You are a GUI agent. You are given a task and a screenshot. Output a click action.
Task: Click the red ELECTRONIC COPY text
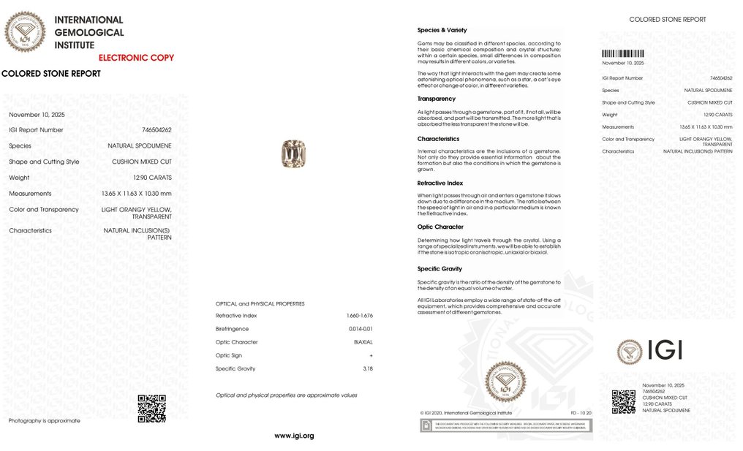(x=136, y=58)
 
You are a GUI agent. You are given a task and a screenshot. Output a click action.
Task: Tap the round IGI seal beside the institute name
(x=25, y=32)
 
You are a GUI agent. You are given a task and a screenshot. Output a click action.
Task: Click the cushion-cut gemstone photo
(x=293, y=154)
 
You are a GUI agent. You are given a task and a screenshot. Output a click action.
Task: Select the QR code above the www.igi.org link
(x=151, y=409)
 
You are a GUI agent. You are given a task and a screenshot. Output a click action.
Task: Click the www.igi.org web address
(x=294, y=436)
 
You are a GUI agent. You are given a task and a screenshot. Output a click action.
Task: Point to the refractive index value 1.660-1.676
(x=360, y=316)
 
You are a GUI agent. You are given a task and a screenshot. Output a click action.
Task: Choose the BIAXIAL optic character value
(x=363, y=342)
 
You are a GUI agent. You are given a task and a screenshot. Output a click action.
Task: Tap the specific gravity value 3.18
(x=368, y=368)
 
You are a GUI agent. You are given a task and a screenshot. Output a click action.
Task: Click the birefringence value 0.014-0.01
(x=361, y=329)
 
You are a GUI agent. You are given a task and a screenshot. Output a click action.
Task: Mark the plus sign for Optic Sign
(x=371, y=355)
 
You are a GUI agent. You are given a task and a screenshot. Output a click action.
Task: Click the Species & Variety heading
(x=442, y=30)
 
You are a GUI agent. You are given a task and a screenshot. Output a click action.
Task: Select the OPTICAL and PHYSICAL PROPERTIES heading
(x=260, y=303)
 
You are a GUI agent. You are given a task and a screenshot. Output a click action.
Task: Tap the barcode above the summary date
(x=623, y=53)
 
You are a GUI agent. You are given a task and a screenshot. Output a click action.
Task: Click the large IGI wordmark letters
(x=665, y=351)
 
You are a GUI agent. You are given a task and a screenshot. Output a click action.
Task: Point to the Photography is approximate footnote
(x=44, y=420)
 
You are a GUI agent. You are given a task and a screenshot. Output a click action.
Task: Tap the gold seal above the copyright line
(x=505, y=382)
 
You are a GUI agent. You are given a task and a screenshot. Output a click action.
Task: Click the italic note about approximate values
(x=286, y=395)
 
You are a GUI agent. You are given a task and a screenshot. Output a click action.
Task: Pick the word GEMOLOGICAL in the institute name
(x=89, y=32)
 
